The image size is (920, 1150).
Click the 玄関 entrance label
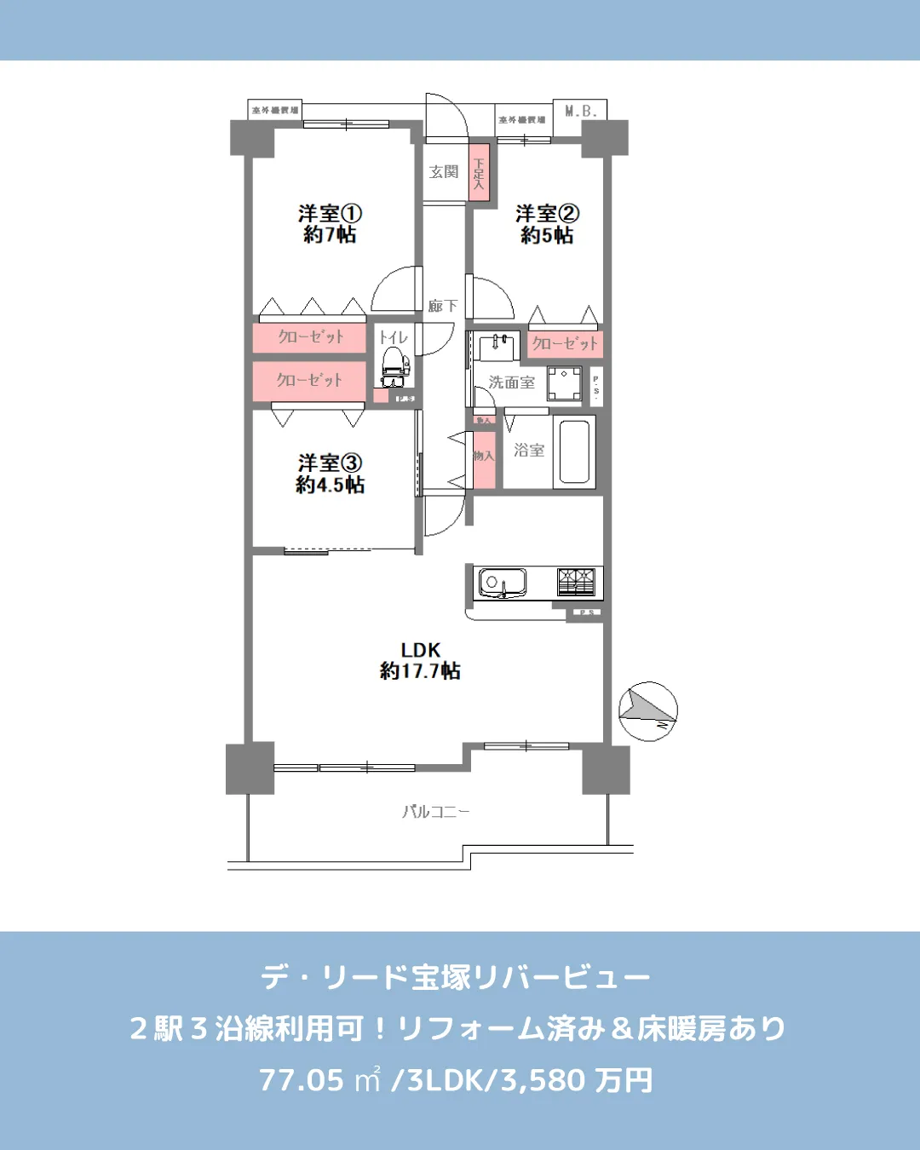click(x=444, y=172)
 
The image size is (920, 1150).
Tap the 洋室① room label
click(x=330, y=224)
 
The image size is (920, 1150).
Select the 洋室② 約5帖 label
click(x=547, y=224)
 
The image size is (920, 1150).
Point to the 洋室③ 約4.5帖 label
click(x=330, y=474)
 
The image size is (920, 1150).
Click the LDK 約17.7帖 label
click(x=420, y=660)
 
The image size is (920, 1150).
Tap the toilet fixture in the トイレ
click(x=394, y=364)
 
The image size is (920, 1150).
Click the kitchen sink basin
click(x=502, y=583)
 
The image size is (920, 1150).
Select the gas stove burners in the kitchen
click(x=576, y=582)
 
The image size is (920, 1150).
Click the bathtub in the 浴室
click(x=574, y=451)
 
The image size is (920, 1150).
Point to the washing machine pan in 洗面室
click(x=564, y=383)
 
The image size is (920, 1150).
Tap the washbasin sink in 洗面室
click(x=497, y=348)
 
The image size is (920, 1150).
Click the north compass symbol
click(x=647, y=710)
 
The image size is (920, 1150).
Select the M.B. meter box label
click(x=580, y=112)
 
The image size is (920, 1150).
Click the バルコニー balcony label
click(x=435, y=812)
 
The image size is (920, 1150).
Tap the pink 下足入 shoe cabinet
click(x=480, y=174)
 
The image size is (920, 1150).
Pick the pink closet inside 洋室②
click(x=564, y=343)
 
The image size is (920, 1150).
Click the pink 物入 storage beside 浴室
click(x=484, y=457)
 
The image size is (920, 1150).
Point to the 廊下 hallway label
click(x=442, y=305)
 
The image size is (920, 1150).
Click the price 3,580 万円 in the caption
click(x=576, y=1080)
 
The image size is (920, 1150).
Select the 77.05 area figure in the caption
click(x=302, y=1080)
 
